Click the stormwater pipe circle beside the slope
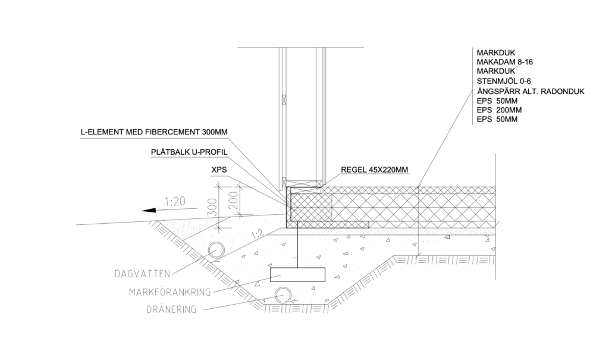216,249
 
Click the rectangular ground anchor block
297,274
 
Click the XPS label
218,170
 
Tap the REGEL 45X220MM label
375,170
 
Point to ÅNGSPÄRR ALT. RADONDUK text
531,91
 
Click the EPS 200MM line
500,110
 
